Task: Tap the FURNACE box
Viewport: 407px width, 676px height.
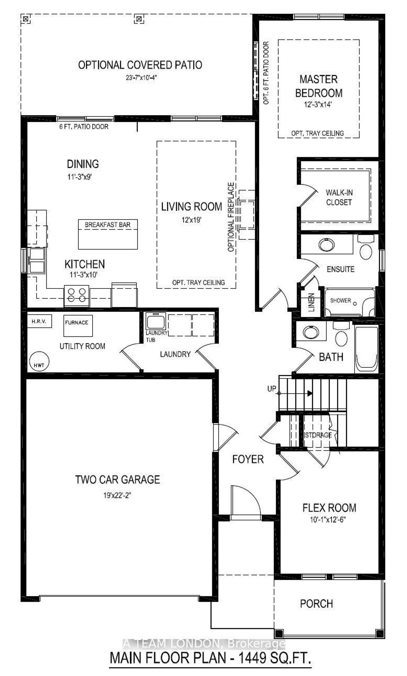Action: (x=78, y=325)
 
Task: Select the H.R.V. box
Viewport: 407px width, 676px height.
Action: (x=39, y=321)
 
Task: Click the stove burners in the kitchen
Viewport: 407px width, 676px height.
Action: (x=77, y=296)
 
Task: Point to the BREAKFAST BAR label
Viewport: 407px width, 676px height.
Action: (x=107, y=225)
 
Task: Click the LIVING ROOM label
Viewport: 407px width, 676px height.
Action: (x=192, y=207)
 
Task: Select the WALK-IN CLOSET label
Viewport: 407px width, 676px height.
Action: (x=339, y=197)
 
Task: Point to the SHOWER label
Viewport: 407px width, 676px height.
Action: (x=341, y=301)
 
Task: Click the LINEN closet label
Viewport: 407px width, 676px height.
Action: (x=312, y=303)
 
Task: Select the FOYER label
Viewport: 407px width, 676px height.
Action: (x=248, y=460)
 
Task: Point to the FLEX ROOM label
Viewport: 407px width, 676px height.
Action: (x=329, y=508)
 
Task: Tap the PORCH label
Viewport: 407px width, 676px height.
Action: (x=316, y=604)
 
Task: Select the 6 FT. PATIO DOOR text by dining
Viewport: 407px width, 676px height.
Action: (x=83, y=126)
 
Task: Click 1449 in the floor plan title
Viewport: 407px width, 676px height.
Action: (x=253, y=659)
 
